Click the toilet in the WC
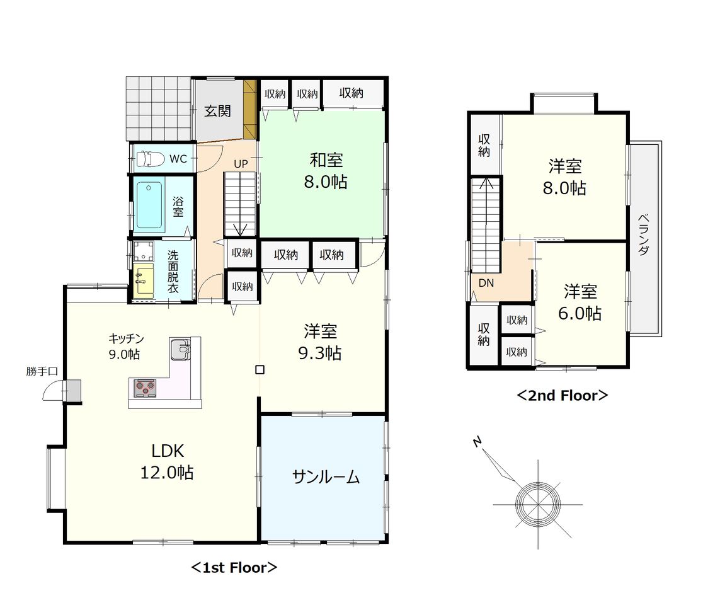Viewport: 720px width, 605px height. pyautogui.click(x=150, y=159)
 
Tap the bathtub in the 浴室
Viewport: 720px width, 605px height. pyautogui.click(x=149, y=205)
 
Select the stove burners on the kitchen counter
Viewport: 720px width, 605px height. pyautogui.click(x=145, y=388)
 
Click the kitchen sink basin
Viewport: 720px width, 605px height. pyautogui.click(x=180, y=350)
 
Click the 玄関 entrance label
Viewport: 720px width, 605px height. pyautogui.click(x=217, y=111)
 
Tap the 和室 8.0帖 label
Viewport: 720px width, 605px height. pyautogui.click(x=326, y=171)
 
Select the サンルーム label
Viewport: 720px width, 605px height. pyautogui.click(x=326, y=477)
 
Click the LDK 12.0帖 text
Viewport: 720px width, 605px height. pyautogui.click(x=167, y=462)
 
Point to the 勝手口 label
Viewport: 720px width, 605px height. pyautogui.click(x=42, y=371)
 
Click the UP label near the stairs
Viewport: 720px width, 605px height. pyautogui.click(x=241, y=163)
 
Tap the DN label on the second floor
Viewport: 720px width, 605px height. pyautogui.click(x=486, y=283)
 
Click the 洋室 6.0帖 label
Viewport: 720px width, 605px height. pyautogui.click(x=580, y=302)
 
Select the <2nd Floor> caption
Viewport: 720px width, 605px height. pyautogui.click(x=563, y=396)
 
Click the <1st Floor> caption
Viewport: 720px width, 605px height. pyautogui.click(x=234, y=568)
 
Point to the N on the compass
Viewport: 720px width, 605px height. pyautogui.click(x=477, y=442)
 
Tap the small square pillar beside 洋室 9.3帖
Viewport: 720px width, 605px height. pyautogui.click(x=260, y=369)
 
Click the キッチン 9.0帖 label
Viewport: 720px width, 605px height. pyautogui.click(x=126, y=347)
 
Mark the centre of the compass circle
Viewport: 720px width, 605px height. pyautogui.click(x=538, y=504)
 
